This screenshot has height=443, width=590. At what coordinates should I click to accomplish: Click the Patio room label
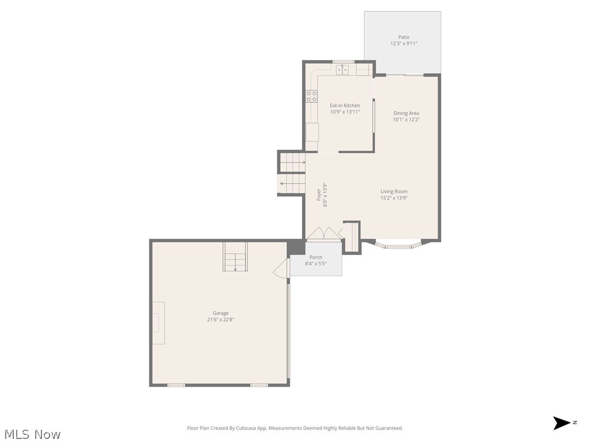pyautogui.click(x=403, y=37)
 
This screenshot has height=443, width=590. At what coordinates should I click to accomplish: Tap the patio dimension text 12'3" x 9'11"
pyautogui.click(x=403, y=44)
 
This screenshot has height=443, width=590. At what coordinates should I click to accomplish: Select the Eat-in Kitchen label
pyautogui.click(x=345, y=106)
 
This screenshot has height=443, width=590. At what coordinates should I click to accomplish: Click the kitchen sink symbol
pyautogui.click(x=343, y=70)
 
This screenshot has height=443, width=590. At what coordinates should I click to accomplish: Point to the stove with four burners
pyautogui.click(x=311, y=96)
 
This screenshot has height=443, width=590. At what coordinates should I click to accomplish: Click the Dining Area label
pyautogui.click(x=406, y=113)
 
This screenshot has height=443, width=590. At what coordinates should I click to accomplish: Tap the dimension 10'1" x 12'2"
pyautogui.click(x=406, y=120)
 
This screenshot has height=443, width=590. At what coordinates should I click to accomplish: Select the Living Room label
pyautogui.click(x=394, y=192)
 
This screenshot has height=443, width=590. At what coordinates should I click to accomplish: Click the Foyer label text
pyautogui.click(x=319, y=195)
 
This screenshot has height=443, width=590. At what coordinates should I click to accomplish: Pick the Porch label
pyautogui.click(x=316, y=257)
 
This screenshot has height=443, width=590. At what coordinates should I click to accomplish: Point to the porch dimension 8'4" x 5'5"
pyautogui.click(x=316, y=264)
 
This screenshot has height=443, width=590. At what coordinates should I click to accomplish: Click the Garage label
pyautogui.click(x=220, y=313)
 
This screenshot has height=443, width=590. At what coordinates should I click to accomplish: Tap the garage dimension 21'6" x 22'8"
pyautogui.click(x=220, y=320)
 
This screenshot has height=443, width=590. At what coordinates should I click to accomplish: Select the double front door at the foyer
pyautogui.click(x=324, y=234)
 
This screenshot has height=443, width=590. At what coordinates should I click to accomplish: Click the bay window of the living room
pyautogui.click(x=399, y=245)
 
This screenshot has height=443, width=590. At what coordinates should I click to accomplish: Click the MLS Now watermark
pyautogui.click(x=32, y=434)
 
